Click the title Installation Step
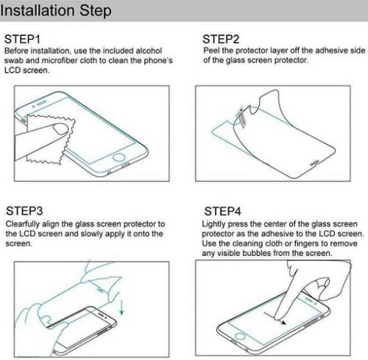click(x=56, y=11)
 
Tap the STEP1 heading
click(x=22, y=39)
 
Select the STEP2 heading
click(x=221, y=39)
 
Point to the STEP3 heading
click(x=24, y=211)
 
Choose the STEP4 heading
click(x=222, y=211)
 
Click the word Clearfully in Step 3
click(x=23, y=224)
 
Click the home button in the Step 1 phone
click(x=119, y=157)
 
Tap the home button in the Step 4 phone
click(x=240, y=336)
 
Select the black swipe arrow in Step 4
click(x=275, y=318)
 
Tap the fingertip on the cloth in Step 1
click(x=61, y=129)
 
